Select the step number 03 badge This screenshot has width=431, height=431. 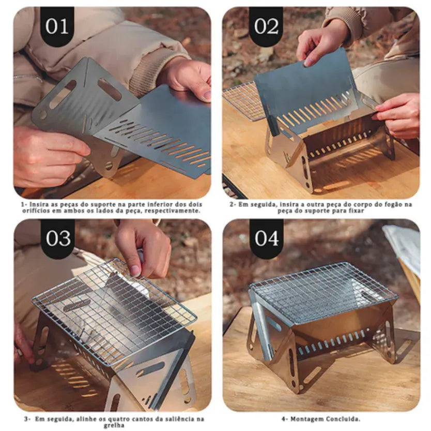58,239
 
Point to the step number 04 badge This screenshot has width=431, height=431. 266,239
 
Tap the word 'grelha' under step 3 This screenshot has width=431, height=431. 114,425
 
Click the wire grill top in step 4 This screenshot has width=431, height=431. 323,292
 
